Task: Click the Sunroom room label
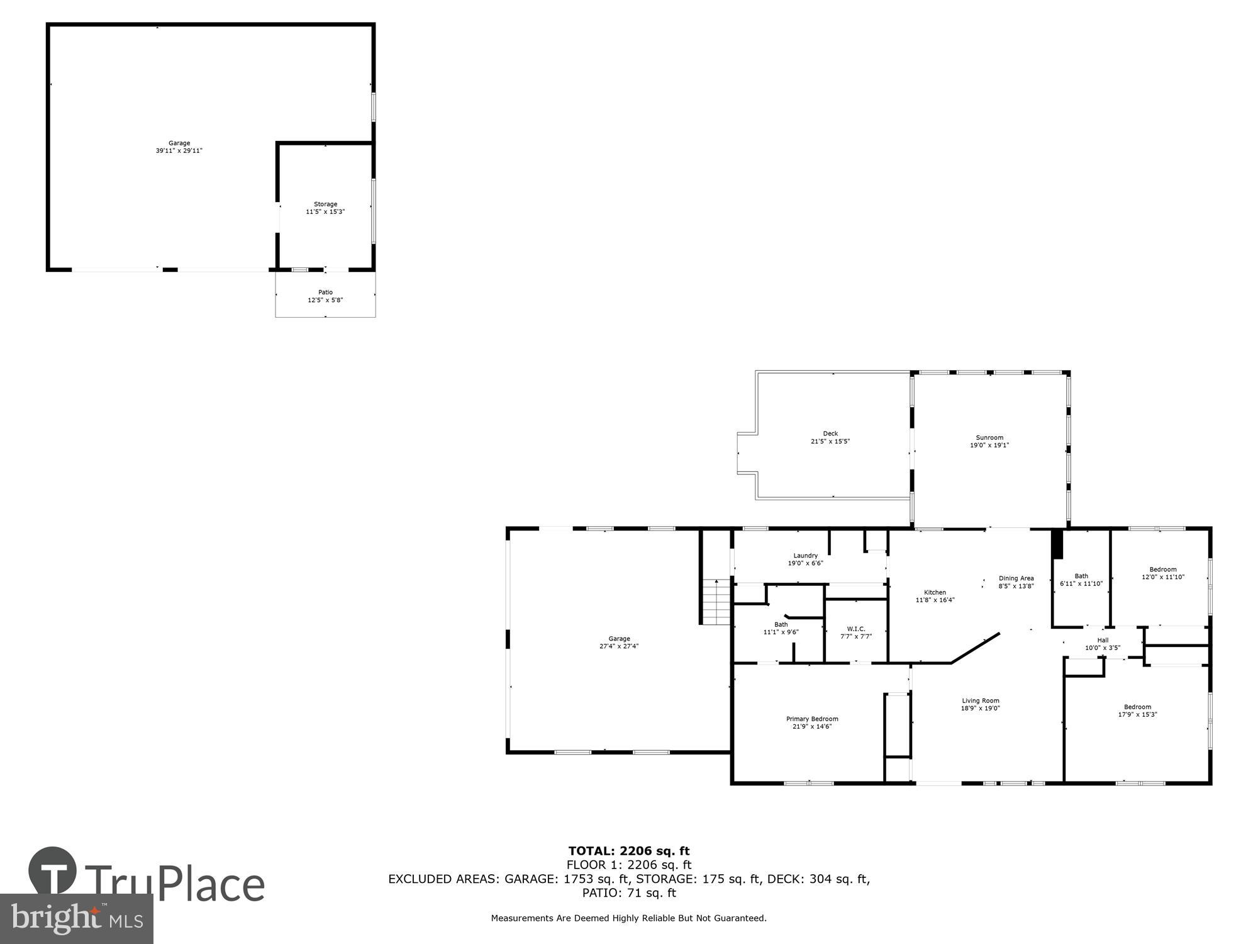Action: pos(989,437)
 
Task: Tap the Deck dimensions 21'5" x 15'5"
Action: pos(830,442)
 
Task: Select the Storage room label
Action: pos(325,204)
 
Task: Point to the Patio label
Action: pos(325,292)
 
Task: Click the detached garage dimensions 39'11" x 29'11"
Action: pos(179,151)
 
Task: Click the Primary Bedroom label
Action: pos(812,719)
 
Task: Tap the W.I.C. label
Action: pos(856,629)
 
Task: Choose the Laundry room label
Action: pos(805,556)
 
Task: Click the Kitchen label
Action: pos(935,592)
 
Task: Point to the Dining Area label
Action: pos(1016,578)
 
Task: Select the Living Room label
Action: pos(980,700)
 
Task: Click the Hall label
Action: pos(1103,640)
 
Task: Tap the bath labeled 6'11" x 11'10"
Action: pos(1081,580)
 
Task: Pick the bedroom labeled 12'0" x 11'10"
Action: pos(1163,573)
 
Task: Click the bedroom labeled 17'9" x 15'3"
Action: pos(1137,711)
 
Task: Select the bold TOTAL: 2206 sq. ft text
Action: pos(629,851)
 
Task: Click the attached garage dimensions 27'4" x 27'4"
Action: pos(619,646)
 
